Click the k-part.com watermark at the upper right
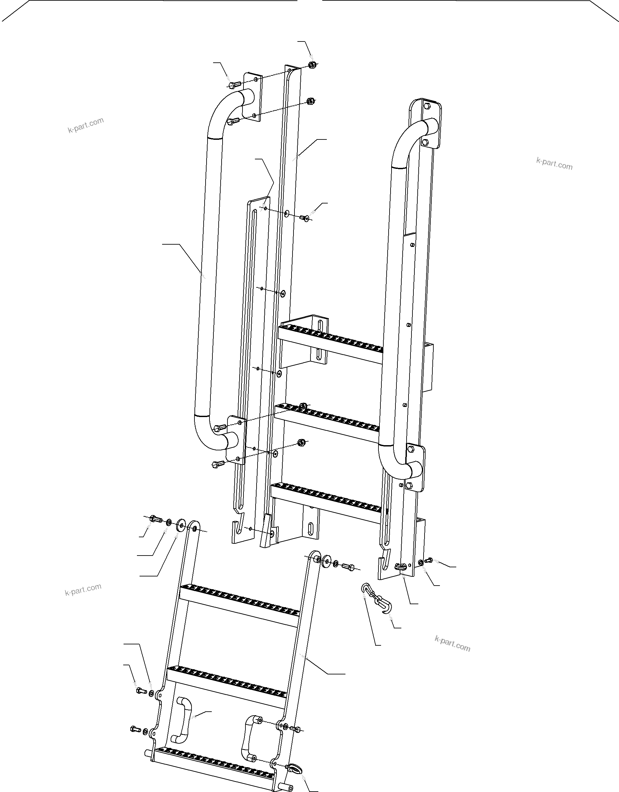[554, 164]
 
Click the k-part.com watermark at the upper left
[86, 125]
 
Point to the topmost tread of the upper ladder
[330, 339]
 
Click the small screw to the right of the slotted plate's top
[305, 218]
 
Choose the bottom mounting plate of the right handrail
[417, 468]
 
